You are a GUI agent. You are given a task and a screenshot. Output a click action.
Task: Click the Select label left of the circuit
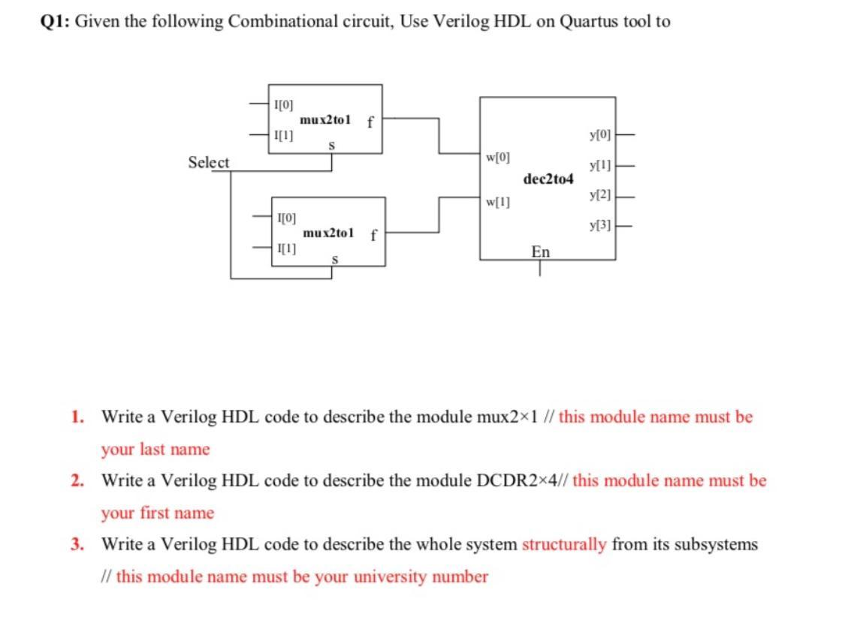pos(209,162)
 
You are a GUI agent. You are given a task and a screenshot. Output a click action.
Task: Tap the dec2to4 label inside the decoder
pos(548,179)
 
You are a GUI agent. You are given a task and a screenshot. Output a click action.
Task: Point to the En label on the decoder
pos(540,251)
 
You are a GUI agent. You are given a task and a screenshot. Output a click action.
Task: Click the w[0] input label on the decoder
pos(498,158)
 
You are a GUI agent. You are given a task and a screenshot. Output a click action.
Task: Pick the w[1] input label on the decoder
pos(498,201)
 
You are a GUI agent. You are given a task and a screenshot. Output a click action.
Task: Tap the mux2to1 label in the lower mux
pos(328,233)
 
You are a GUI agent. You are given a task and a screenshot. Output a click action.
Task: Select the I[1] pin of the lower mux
pos(286,248)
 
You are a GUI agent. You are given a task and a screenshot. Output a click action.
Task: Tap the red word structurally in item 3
pos(564,544)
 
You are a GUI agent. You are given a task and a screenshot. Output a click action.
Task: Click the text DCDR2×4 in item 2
pos(521,480)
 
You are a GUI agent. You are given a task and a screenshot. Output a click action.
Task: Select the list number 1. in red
pos(78,417)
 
